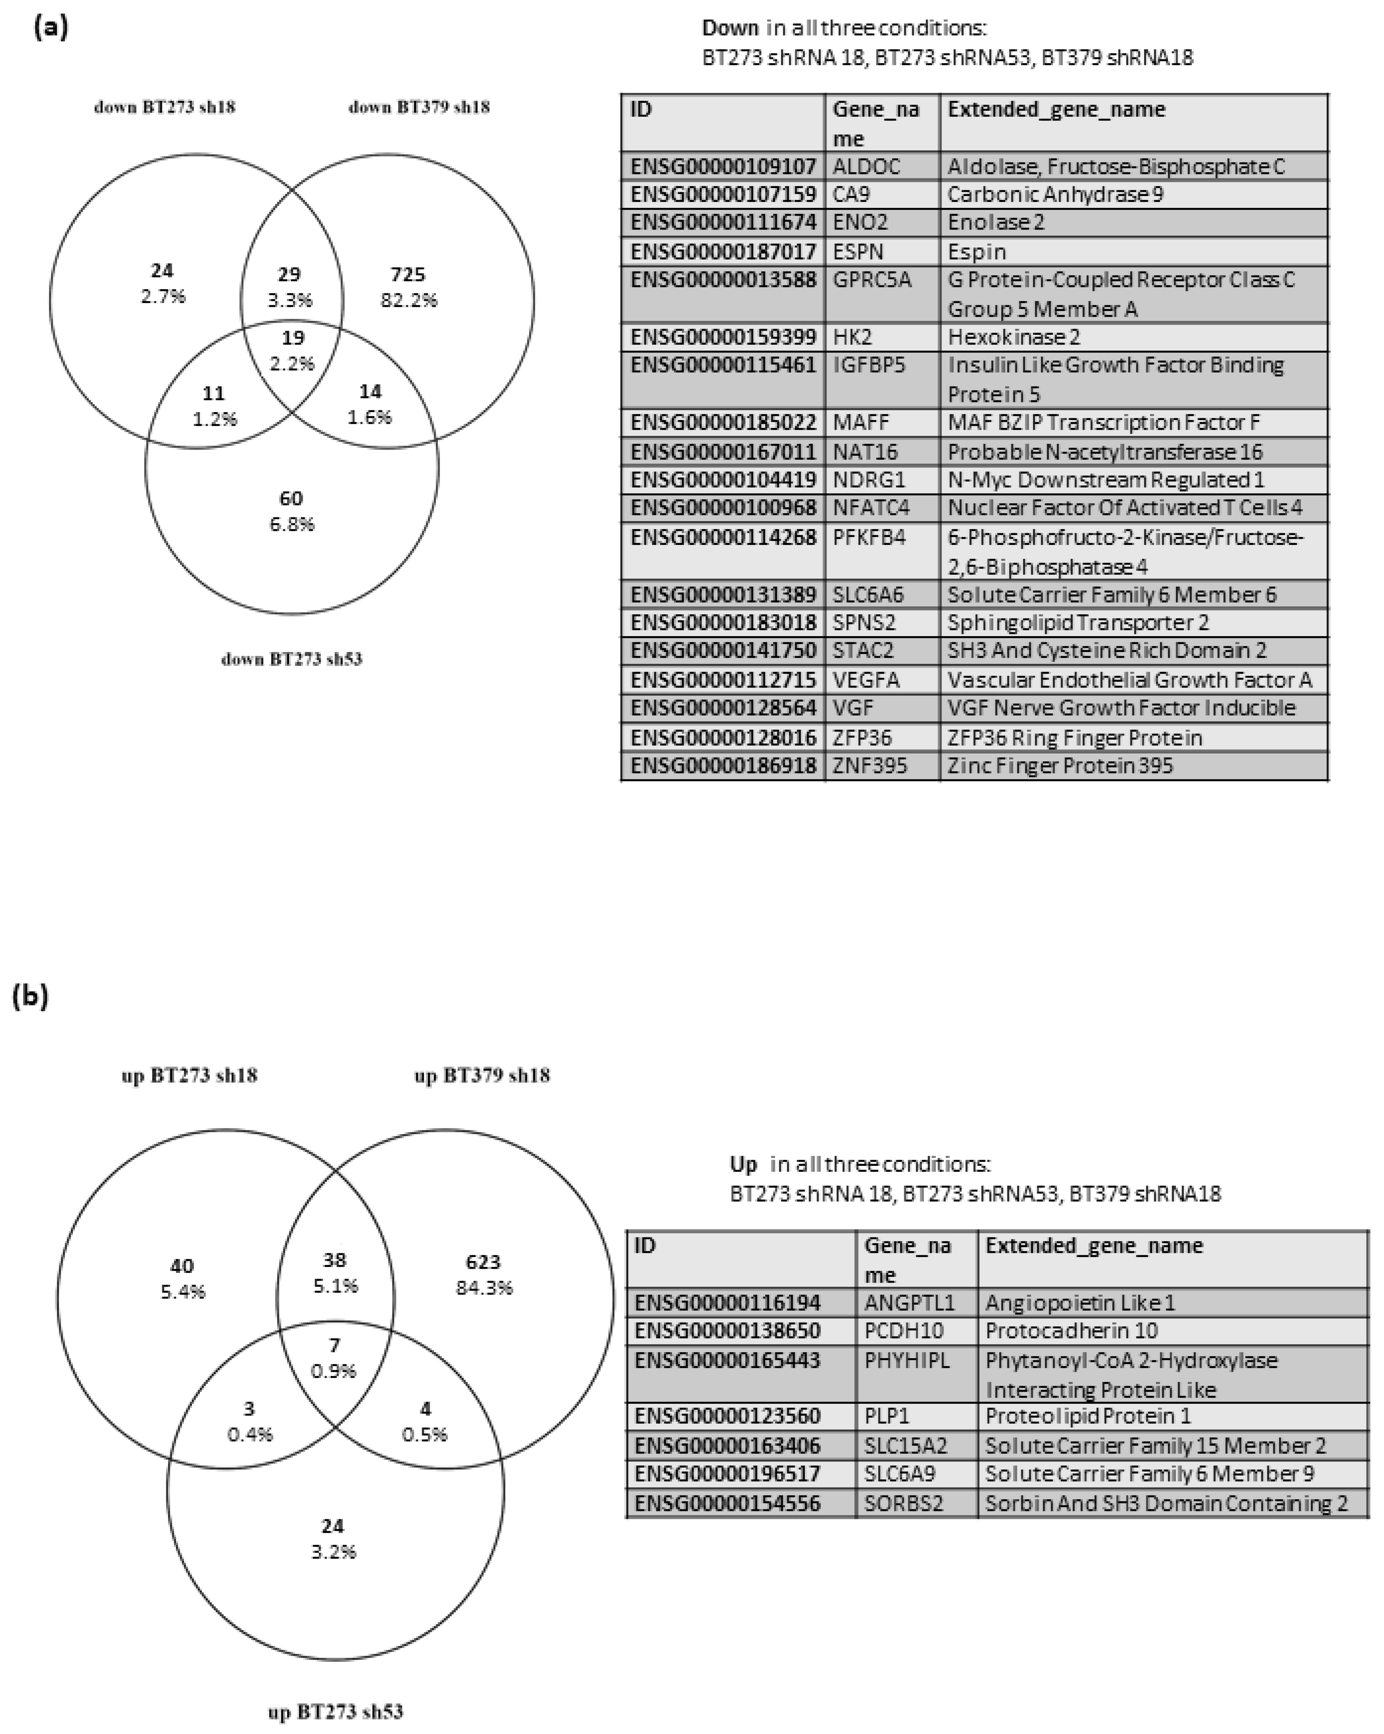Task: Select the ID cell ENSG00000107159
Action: [x=722, y=195]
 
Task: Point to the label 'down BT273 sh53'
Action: [x=292, y=660]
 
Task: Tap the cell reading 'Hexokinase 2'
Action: [x=1013, y=337]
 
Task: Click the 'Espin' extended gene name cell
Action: [x=976, y=252]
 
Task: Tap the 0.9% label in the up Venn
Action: [x=334, y=1371]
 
